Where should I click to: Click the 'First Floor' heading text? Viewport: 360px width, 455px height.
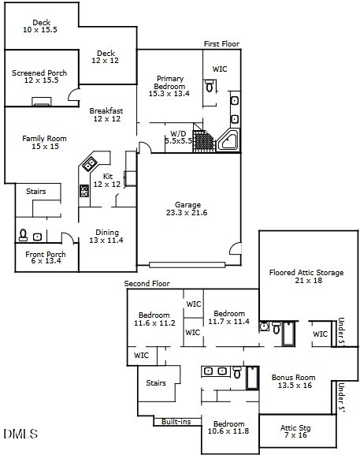pos(221,44)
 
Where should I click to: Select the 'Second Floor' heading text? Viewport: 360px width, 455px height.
pos(147,283)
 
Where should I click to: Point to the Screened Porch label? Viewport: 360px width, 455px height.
pos(39,77)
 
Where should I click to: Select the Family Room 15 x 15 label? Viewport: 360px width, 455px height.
pos(44,143)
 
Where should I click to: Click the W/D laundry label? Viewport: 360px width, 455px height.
pos(178,136)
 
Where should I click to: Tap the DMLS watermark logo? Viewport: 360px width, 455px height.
pos(21,434)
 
